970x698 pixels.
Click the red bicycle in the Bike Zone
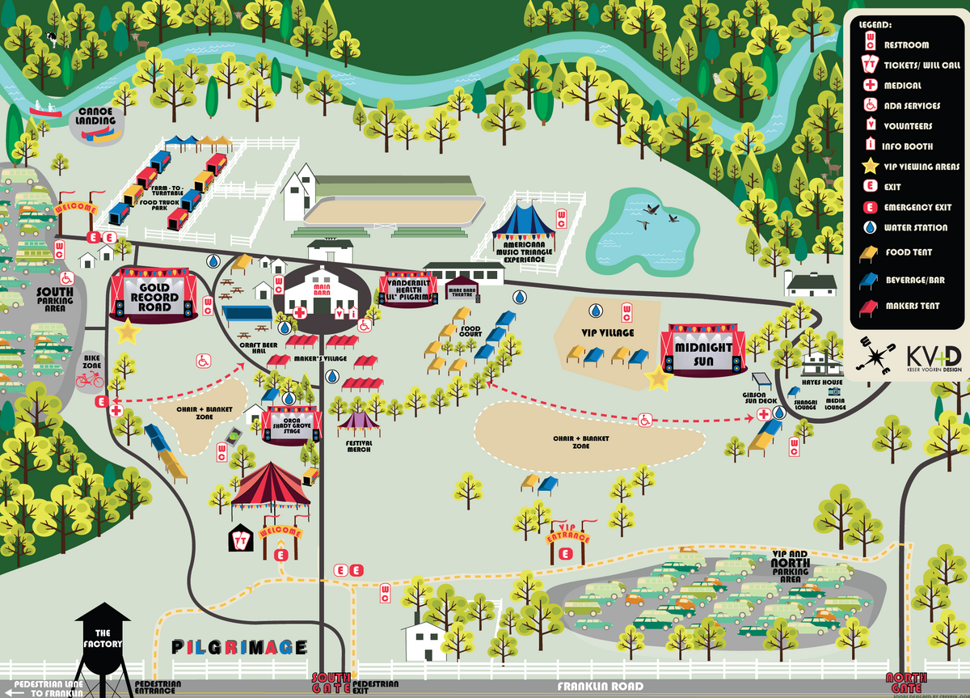90,379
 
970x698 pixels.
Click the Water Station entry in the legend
871,228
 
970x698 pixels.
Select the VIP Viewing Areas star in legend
871,167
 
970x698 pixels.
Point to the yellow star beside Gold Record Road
128,331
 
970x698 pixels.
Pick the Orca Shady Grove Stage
292,424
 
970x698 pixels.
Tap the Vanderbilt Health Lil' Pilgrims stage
407,288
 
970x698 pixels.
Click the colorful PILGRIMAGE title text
239,647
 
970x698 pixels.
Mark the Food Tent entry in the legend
871,252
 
